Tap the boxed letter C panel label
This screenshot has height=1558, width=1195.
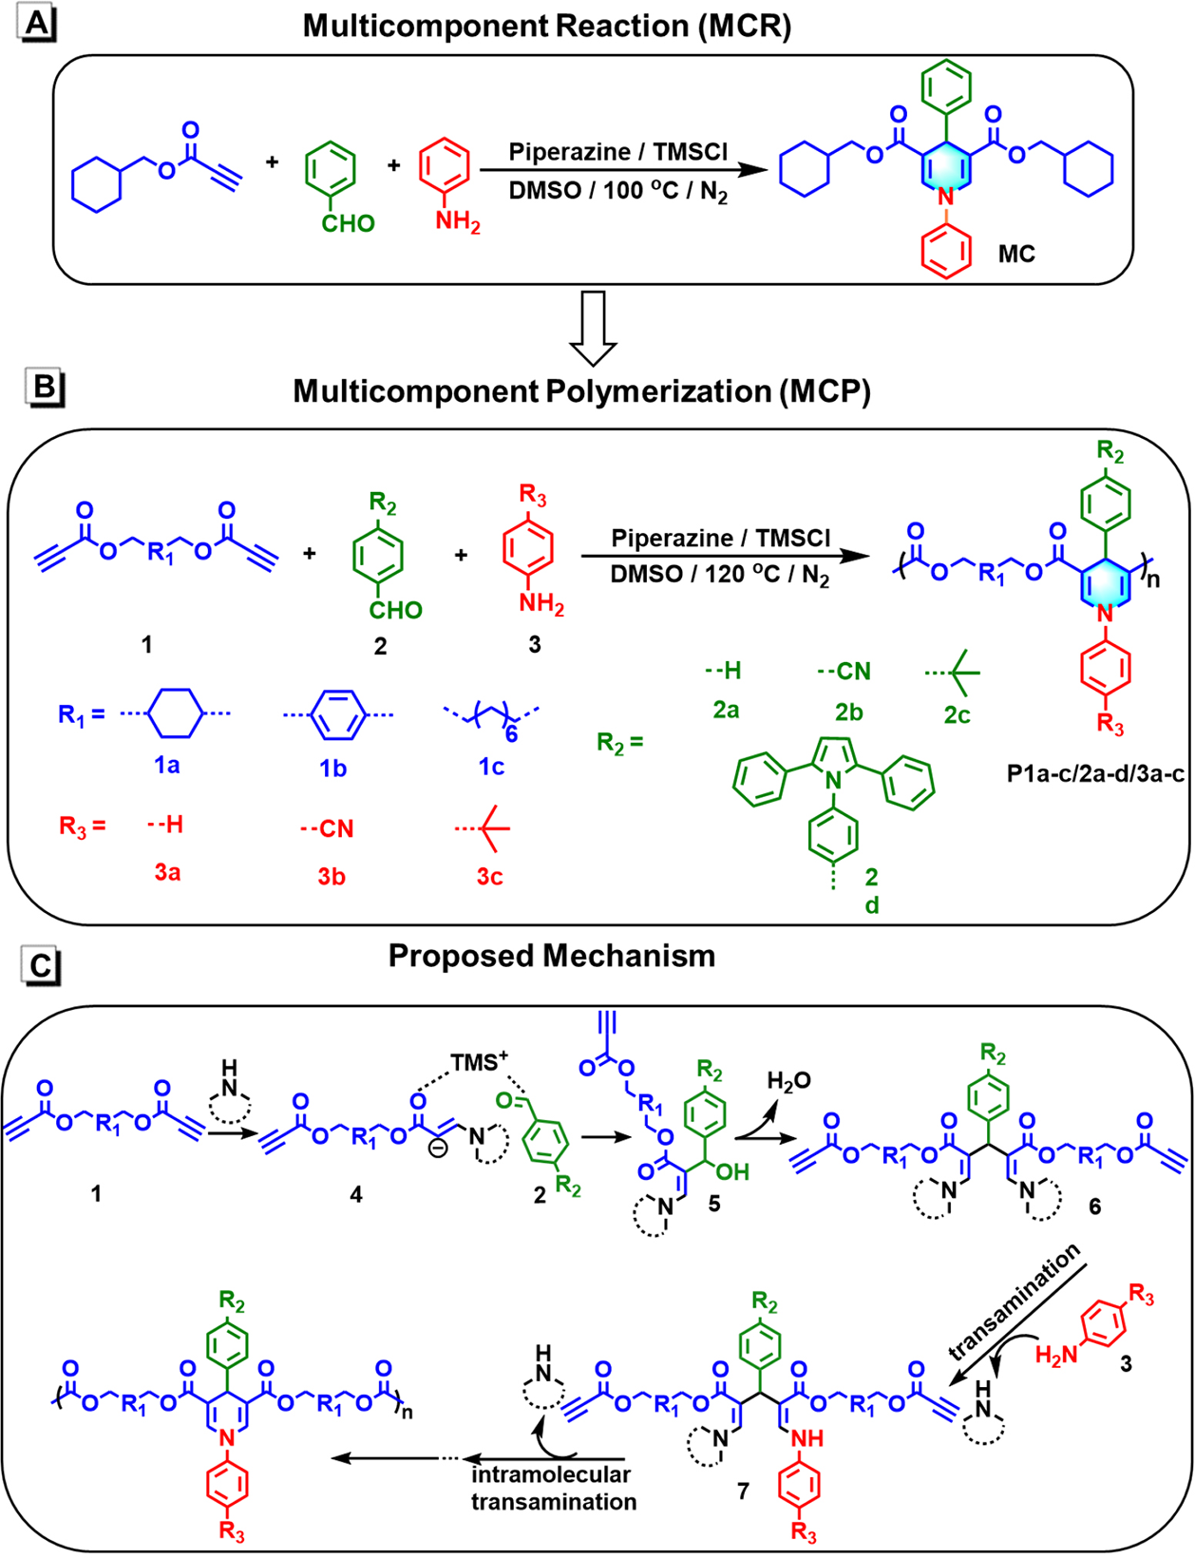pos(41,965)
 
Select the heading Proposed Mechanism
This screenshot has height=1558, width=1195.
pos(551,956)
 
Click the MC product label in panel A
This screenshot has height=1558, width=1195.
pos(1015,255)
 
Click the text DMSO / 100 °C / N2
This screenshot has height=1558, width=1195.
pos(617,192)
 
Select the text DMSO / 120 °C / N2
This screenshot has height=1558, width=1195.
pos(719,576)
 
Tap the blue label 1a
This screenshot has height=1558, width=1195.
pos(167,765)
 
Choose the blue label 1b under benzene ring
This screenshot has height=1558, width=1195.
pos(332,768)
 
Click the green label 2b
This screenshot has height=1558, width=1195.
pos(848,712)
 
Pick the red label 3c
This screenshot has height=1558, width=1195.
pos(489,876)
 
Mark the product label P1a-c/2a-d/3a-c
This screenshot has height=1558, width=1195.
pos(1095,774)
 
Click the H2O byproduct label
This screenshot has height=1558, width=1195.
pos(788,1080)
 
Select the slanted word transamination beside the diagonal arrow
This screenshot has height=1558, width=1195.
pos(1015,1301)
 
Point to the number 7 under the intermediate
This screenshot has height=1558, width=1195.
pos(743,1491)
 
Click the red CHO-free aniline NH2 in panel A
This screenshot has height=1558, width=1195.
pos(458,224)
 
